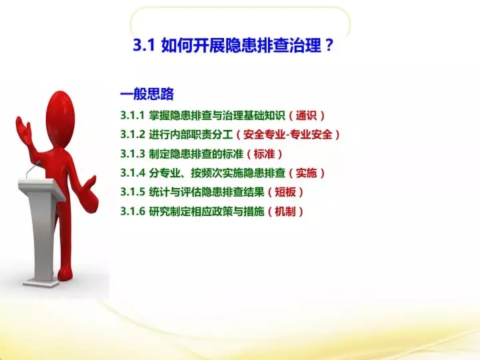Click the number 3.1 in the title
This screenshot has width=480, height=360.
tap(143, 45)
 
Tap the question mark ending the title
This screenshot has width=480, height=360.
tap(329, 45)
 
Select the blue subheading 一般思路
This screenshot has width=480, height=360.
tap(147, 94)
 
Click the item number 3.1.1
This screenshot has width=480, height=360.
tap(132, 115)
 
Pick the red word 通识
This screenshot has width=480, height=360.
tap(306, 115)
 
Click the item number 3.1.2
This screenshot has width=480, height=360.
tap(132, 135)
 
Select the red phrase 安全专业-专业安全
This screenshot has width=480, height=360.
tap(288, 135)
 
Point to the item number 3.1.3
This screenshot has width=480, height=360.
tap(132, 154)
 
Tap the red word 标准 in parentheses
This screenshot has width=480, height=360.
tap(264, 154)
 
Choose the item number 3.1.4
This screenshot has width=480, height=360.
tap(132, 173)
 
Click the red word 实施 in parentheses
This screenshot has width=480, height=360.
tap(306, 173)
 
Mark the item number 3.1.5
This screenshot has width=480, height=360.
tap(132, 192)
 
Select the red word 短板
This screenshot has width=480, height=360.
tap(285, 192)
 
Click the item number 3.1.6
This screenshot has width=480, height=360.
tap(132, 211)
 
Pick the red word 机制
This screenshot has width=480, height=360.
tap(285, 211)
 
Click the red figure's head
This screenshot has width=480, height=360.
tap(60, 117)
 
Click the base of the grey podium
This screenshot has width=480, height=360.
tap(41, 283)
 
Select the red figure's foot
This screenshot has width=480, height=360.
tap(66, 273)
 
